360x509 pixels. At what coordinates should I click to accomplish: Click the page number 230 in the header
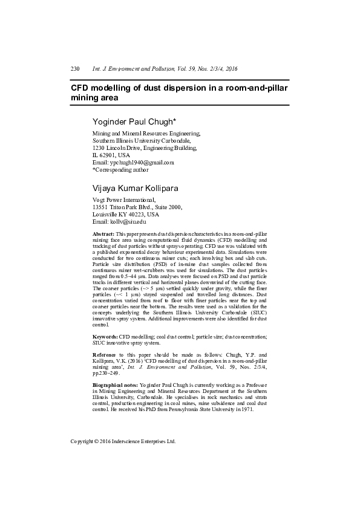(x=76, y=69)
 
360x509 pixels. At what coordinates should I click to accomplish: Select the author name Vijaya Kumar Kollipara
(x=135, y=189)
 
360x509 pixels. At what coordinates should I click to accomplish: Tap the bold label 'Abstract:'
(x=103, y=233)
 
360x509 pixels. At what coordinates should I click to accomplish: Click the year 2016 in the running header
(x=227, y=69)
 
